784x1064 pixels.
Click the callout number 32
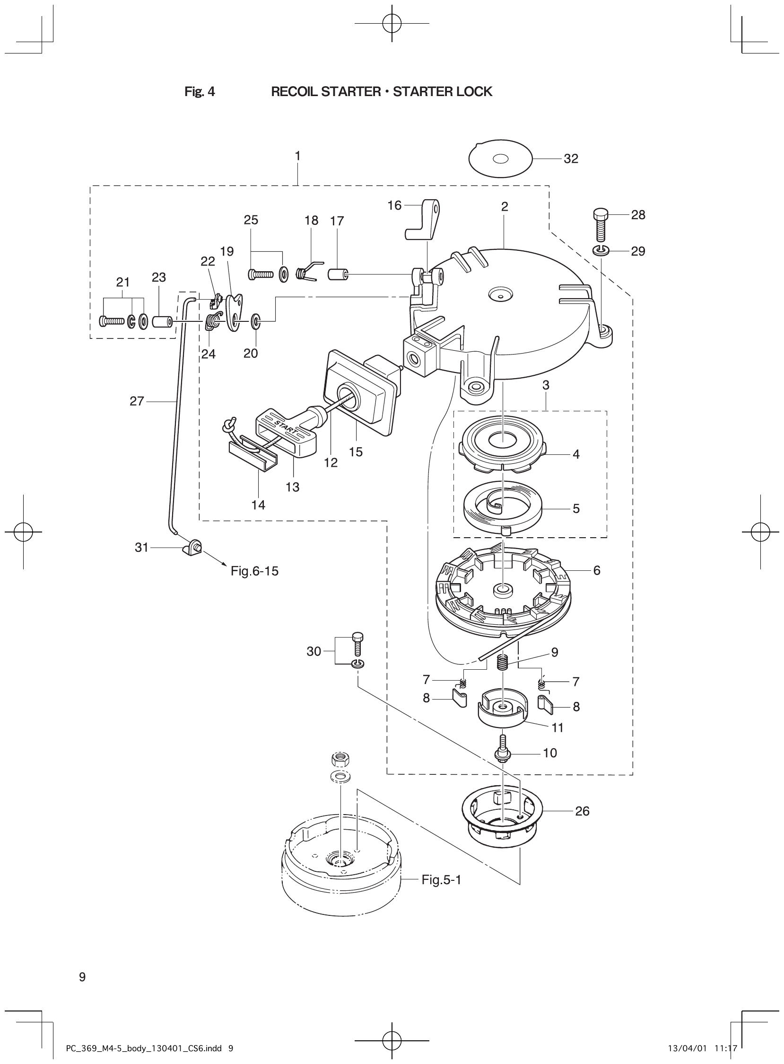(x=571, y=159)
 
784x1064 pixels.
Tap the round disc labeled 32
(x=500, y=159)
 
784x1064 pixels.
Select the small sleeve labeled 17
(x=338, y=274)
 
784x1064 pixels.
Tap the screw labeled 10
(x=503, y=751)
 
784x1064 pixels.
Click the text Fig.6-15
(x=254, y=571)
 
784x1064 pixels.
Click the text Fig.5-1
(x=441, y=880)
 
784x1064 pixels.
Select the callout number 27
(x=137, y=401)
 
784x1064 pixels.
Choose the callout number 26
(x=582, y=811)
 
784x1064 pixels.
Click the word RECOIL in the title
(x=295, y=92)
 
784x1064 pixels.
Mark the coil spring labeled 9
(x=502, y=662)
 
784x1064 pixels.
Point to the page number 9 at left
(x=82, y=976)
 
